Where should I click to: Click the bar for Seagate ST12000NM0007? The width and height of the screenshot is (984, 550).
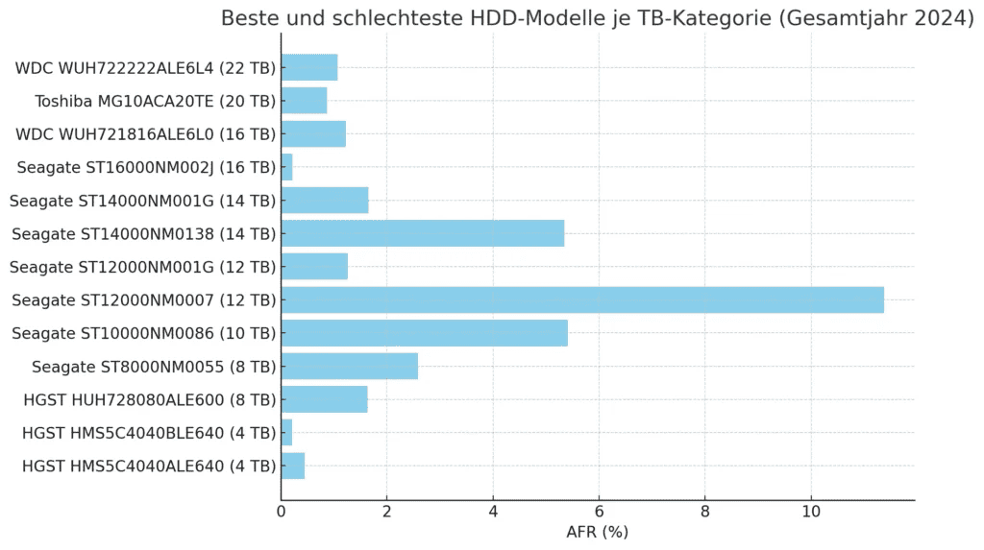click(x=582, y=299)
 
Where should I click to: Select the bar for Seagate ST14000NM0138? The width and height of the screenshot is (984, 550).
click(x=423, y=233)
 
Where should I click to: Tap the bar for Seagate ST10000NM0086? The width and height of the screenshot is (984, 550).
click(x=425, y=333)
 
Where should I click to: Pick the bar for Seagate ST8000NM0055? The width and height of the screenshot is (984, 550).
click(x=350, y=366)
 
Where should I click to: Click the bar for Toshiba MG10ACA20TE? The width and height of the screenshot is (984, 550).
click(x=304, y=101)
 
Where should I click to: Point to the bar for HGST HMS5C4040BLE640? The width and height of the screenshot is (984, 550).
click(x=286, y=433)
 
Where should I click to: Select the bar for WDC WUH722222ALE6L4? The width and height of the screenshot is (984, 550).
click(x=309, y=68)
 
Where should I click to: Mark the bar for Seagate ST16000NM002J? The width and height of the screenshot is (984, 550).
click(x=286, y=167)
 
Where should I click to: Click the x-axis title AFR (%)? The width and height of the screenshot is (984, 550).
click(x=597, y=532)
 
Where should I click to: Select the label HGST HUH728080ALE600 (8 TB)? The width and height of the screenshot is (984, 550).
click(x=149, y=399)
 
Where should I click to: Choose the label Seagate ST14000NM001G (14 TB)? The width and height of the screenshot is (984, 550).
click(x=142, y=201)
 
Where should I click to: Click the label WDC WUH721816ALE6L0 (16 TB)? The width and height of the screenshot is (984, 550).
click(x=145, y=134)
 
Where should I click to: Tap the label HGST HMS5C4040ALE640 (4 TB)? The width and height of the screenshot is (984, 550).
click(x=149, y=466)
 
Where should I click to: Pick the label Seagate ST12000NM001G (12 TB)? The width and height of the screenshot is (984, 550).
click(x=142, y=267)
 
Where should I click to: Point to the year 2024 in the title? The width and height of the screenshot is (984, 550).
click(x=941, y=18)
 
